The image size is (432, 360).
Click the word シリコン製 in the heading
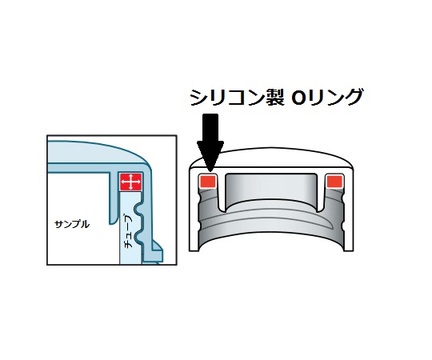tap(237, 98)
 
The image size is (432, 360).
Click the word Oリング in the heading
tap(326, 98)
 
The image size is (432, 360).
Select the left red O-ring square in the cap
tap(208, 182)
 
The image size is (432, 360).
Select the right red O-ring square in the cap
tap(334, 182)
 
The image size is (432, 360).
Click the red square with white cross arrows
tap(131, 182)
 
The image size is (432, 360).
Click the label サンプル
tap(72, 225)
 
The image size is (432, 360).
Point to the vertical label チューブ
tap(128, 232)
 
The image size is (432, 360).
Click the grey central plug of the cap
tap(271, 190)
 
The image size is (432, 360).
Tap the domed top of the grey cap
tap(271, 158)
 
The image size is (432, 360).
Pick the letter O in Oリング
tap(298, 98)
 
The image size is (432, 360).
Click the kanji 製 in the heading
tap(275, 98)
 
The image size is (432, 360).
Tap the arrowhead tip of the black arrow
tap(210, 171)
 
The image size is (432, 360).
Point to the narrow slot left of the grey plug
tap(222, 193)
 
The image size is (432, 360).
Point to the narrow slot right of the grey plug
tap(321, 193)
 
